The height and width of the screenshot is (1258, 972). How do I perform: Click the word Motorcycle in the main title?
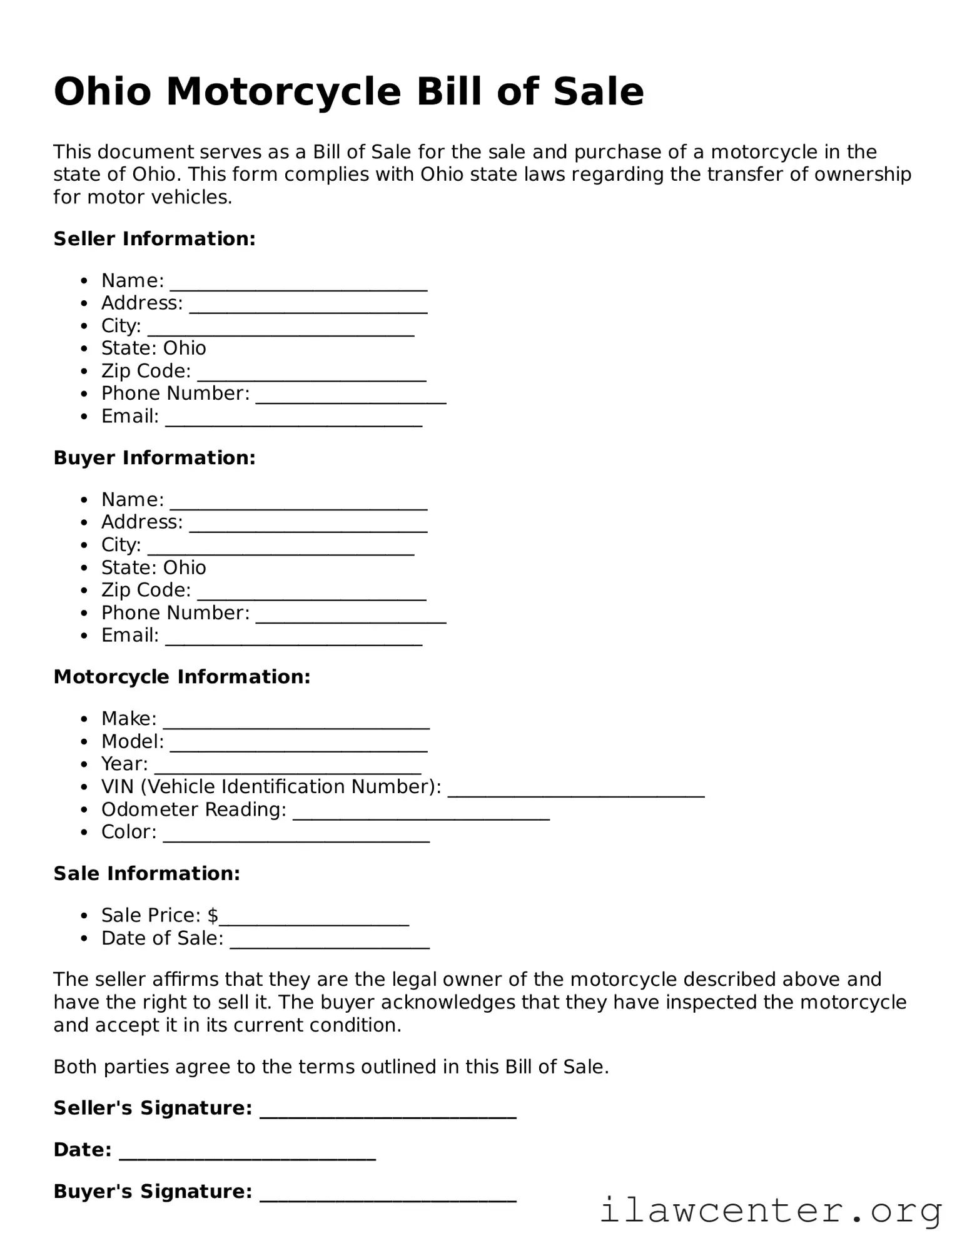283,92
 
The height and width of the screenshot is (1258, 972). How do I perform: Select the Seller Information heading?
154,239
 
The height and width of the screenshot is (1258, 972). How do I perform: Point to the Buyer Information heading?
154,458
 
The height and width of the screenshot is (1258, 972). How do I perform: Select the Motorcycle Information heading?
182,677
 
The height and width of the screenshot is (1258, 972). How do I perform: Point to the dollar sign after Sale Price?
213,916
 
